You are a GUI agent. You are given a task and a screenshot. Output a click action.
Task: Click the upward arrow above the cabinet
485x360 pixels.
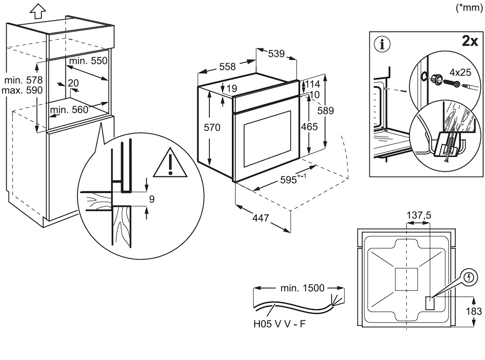(x=36, y=9)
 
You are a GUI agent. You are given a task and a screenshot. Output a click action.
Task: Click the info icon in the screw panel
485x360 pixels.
(x=382, y=44)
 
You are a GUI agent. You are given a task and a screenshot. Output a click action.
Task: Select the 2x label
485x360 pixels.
(x=469, y=41)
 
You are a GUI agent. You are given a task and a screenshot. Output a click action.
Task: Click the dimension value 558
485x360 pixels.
(x=227, y=67)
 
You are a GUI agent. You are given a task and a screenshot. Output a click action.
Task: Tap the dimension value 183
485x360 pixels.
(x=474, y=311)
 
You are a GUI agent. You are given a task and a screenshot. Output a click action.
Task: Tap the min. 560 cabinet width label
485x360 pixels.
(x=69, y=109)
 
